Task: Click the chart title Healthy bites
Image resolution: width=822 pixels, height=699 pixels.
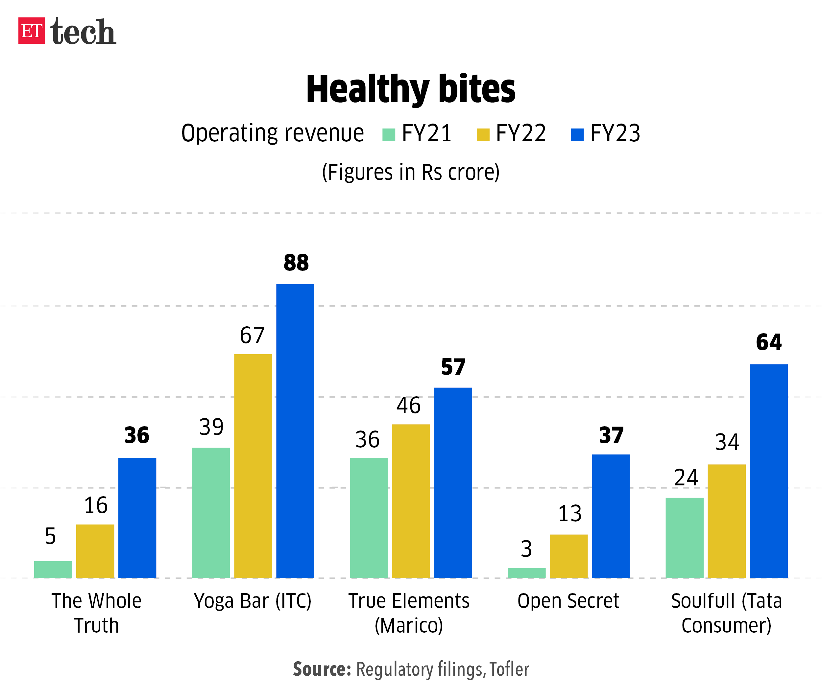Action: pyautogui.click(x=410, y=90)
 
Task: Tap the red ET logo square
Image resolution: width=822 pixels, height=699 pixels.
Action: pyautogui.click(x=31, y=31)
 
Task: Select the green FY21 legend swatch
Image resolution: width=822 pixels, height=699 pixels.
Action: pyautogui.click(x=388, y=135)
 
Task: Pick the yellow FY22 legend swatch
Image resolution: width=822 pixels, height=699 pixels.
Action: pyautogui.click(x=483, y=135)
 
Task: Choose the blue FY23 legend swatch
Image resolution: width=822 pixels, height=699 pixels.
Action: pyautogui.click(x=577, y=135)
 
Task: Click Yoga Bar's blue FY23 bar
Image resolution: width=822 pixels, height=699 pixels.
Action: pyautogui.click(x=295, y=431)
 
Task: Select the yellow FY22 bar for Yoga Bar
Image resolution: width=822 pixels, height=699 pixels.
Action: pyautogui.click(x=253, y=466)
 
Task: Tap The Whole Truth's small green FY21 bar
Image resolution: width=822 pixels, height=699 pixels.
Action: pyautogui.click(x=53, y=570)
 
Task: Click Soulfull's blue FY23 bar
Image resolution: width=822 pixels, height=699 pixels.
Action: pyautogui.click(x=768, y=471)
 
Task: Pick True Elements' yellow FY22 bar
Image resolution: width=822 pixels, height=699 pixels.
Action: pyautogui.click(x=411, y=501)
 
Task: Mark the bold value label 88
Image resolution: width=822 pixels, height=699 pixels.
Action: pyautogui.click(x=296, y=262)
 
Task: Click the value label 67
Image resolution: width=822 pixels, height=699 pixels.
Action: pyautogui.click(x=252, y=335)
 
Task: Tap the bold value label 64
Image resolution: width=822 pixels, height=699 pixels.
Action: pyautogui.click(x=768, y=342)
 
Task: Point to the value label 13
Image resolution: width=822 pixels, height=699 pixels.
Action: pyautogui.click(x=569, y=514)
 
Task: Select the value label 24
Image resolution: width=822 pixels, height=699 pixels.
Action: pyautogui.click(x=686, y=478)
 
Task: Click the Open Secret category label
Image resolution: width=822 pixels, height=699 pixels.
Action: pyautogui.click(x=568, y=601)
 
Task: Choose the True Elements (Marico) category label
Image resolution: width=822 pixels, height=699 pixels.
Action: pyautogui.click(x=409, y=613)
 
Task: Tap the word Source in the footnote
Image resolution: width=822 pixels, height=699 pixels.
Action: pyautogui.click(x=322, y=669)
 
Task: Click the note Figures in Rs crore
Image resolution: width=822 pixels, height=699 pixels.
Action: pyautogui.click(x=410, y=173)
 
